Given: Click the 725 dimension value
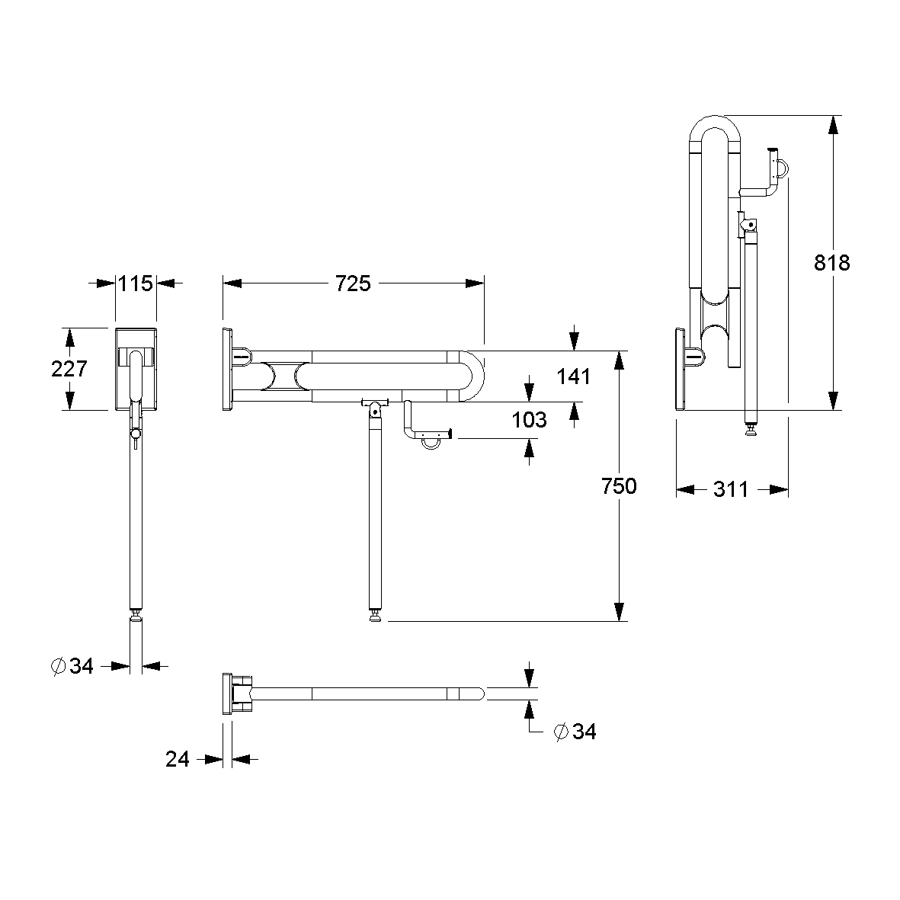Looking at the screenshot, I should pyautogui.click(x=353, y=283).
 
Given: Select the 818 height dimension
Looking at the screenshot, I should pyautogui.click(x=831, y=263).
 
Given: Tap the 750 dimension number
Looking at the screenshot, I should pyautogui.click(x=619, y=486).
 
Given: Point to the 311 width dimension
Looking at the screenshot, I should pyautogui.click(x=731, y=489).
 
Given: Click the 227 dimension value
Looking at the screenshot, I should pyautogui.click(x=69, y=369).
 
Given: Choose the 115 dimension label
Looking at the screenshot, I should pyautogui.click(x=136, y=283).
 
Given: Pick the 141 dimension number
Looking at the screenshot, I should pyautogui.click(x=573, y=376).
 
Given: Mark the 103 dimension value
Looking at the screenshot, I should pyautogui.click(x=529, y=420).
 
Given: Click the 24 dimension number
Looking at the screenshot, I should pyautogui.click(x=178, y=759).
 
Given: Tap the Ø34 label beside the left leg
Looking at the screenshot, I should pyautogui.click(x=72, y=665).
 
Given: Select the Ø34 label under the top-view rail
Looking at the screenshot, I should pyautogui.click(x=575, y=732).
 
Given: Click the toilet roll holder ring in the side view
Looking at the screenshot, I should pyautogui.click(x=431, y=441).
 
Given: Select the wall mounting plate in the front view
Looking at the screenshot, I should pyautogui.click(x=136, y=369).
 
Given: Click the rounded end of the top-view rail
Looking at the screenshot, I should pyautogui.click(x=479, y=694).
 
